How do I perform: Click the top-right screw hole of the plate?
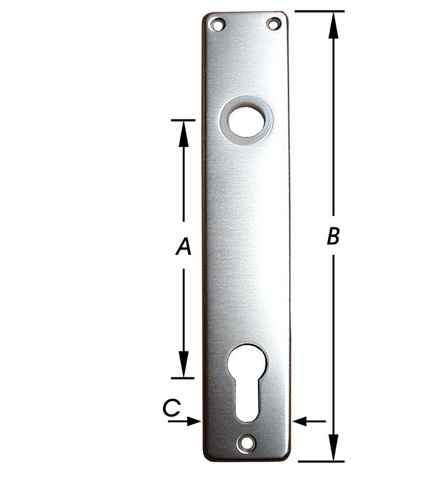click(274, 24)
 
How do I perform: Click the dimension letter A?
click(184, 246)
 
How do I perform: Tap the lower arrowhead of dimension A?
click(183, 364)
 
